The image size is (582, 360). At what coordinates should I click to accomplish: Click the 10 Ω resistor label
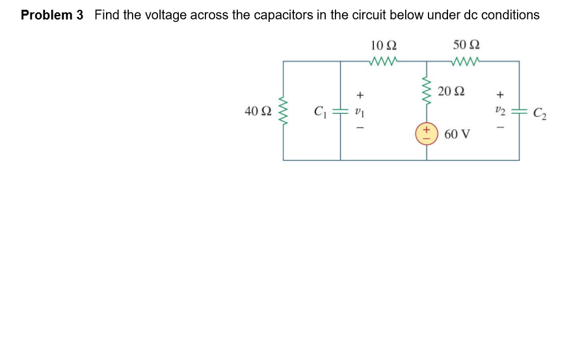(x=383, y=45)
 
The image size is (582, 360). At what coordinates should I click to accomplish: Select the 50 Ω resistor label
(x=466, y=45)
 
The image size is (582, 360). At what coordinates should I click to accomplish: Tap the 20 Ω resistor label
(x=451, y=91)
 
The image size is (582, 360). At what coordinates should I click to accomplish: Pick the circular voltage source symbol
(x=427, y=133)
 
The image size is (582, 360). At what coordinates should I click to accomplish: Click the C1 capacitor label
(x=320, y=111)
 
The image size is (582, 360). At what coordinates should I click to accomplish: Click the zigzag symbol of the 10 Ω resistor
(x=382, y=62)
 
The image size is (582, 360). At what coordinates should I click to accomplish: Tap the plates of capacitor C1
(x=341, y=111)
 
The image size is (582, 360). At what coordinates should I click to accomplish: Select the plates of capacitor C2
(x=519, y=112)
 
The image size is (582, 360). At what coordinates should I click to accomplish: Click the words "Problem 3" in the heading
(x=52, y=15)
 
